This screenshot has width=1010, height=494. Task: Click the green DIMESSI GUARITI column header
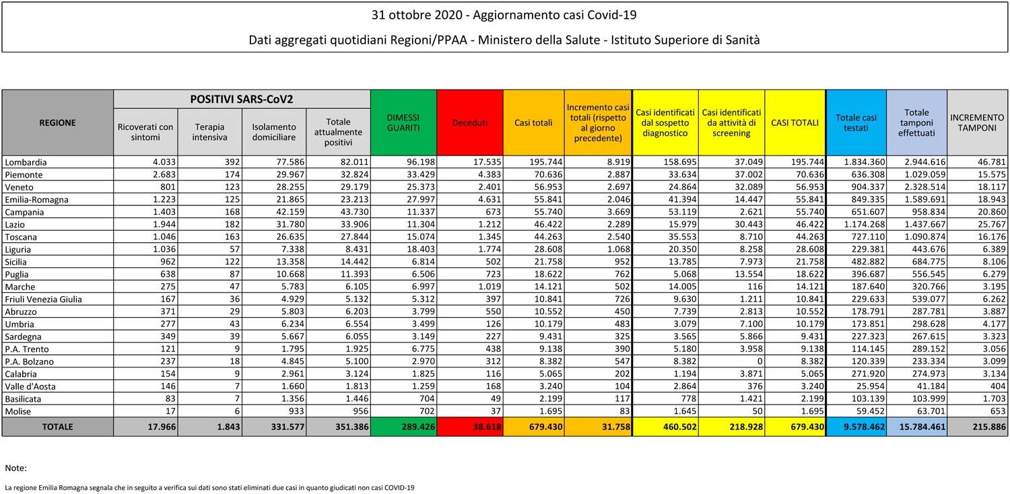(403, 122)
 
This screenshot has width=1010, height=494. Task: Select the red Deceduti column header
(469, 122)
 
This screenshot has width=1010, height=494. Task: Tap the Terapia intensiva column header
(210, 132)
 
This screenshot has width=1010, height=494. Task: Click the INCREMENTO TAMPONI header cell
(977, 122)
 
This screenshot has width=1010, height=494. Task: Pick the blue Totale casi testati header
(856, 122)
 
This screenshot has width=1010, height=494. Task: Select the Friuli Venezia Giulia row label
(43, 299)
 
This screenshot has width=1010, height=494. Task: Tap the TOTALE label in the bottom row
(57, 427)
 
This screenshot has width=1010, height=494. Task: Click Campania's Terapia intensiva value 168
(228, 212)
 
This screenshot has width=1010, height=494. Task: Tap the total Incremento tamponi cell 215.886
(986, 427)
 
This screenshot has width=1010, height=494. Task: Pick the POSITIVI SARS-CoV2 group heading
(242, 99)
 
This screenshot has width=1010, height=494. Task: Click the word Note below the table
(15, 468)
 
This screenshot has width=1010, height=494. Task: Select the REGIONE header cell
(57, 122)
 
